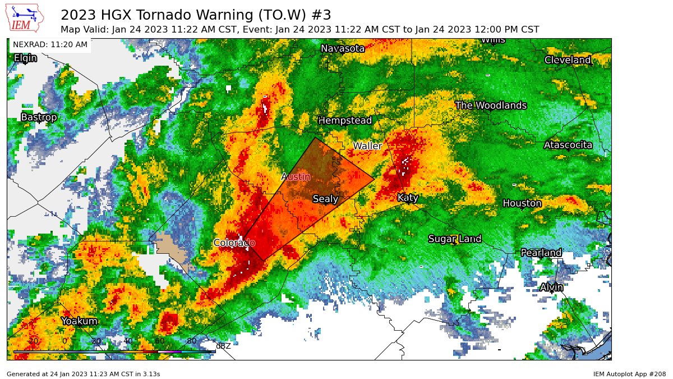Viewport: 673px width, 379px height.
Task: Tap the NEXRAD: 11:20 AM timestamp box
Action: (x=50, y=44)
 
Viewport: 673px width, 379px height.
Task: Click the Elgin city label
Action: (x=25, y=58)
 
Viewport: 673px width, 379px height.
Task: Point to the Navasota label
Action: (x=343, y=49)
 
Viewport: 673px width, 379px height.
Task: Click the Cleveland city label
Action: (x=568, y=60)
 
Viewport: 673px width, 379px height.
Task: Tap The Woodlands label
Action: (x=491, y=106)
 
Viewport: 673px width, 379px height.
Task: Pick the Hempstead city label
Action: (x=345, y=120)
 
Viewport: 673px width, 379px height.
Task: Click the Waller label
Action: (x=367, y=146)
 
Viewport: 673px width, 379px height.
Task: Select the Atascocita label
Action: (x=568, y=145)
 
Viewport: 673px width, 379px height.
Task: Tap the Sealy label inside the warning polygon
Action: (x=325, y=199)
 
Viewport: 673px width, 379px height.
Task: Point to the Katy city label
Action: (x=408, y=198)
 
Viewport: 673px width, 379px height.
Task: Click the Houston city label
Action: (x=522, y=203)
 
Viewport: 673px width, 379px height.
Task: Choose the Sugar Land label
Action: (x=455, y=239)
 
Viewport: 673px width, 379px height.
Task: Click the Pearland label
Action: (x=541, y=253)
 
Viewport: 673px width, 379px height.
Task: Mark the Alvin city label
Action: (x=551, y=287)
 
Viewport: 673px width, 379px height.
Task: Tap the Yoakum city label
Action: (x=79, y=321)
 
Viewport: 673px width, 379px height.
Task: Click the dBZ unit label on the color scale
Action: (x=223, y=346)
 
